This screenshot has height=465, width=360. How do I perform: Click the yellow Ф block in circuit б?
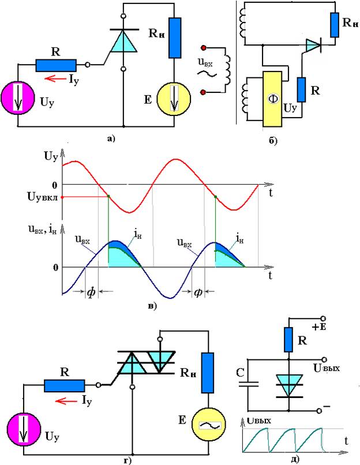pos(272,98)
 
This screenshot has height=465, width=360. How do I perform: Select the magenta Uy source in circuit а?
pos(19,97)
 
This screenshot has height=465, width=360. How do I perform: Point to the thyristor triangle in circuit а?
pos(125,42)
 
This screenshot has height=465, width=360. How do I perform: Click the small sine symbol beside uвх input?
pos(204,74)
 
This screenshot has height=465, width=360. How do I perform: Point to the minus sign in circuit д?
pos(327,407)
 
